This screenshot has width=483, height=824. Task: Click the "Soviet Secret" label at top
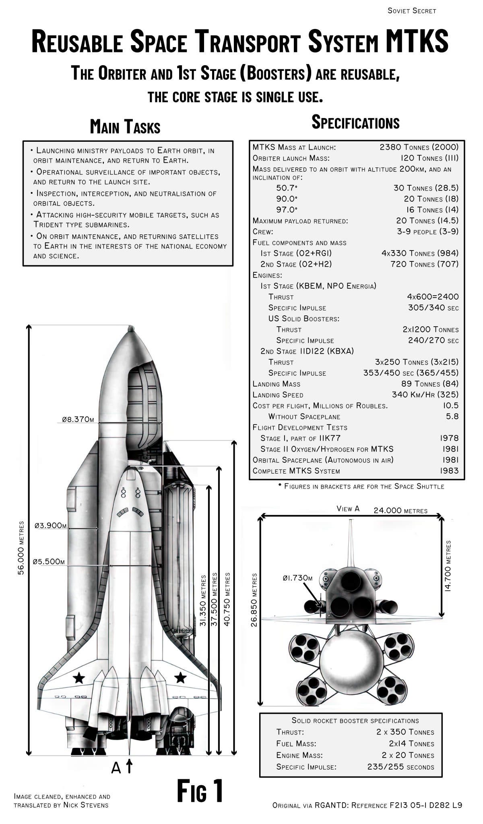[411, 11]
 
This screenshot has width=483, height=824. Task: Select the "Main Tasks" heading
[125, 126]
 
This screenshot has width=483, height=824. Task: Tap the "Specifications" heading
[355, 122]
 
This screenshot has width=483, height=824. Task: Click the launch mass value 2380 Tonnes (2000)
[419, 147]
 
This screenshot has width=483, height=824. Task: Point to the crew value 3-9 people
[427, 232]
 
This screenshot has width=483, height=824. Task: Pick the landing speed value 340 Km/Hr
[425, 395]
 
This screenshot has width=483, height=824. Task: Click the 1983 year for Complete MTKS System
[449, 470]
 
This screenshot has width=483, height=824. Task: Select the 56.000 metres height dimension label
[21, 548]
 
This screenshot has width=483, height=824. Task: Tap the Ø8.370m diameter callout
[78, 419]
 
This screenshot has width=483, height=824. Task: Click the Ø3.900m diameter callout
[50, 525]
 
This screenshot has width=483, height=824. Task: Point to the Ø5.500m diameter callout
[48, 561]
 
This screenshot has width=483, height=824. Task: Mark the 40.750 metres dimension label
[227, 599]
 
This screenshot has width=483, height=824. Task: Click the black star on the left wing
[79, 678]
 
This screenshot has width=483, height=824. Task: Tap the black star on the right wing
[180, 678]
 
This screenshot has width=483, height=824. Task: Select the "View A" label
[348, 509]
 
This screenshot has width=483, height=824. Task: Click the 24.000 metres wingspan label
[400, 511]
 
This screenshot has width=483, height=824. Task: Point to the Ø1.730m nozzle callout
[297, 578]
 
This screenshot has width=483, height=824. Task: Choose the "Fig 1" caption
[200, 791]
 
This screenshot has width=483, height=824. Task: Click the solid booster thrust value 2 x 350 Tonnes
[405, 732]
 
